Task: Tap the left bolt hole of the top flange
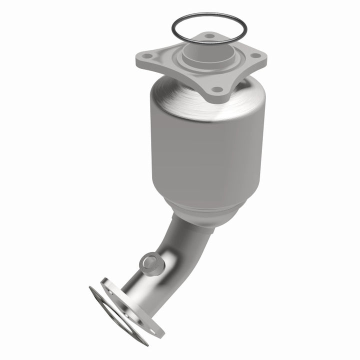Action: pyautogui.click(x=146, y=56)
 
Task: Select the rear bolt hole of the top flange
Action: pyautogui.click(x=208, y=36)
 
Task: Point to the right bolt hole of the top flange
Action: pyautogui.click(x=257, y=56)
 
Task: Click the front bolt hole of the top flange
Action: pyautogui.click(x=217, y=89)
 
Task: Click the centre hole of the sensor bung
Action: pyautogui.click(x=147, y=260)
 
